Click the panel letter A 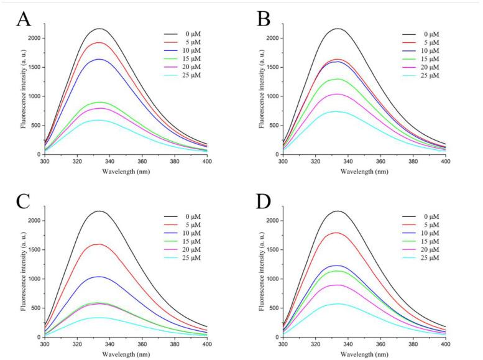coord(23,19)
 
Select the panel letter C coord(23,201)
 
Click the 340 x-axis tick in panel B coord(348,161)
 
